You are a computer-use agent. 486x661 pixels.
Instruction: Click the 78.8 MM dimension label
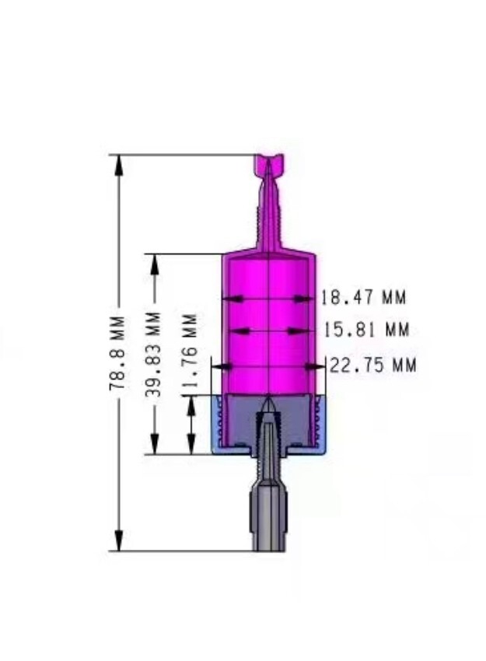[117, 352]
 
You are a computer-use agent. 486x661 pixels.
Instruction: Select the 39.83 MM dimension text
[154, 355]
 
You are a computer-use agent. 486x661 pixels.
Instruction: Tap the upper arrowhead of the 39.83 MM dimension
[154, 264]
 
